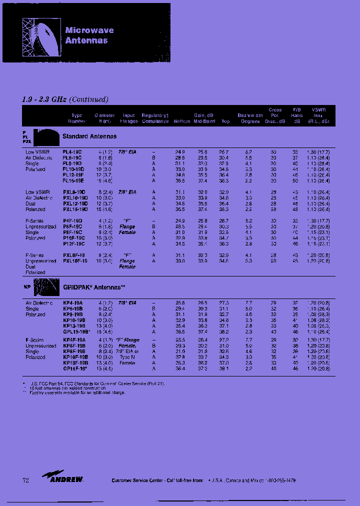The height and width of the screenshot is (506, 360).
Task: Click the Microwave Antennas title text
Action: [89, 35]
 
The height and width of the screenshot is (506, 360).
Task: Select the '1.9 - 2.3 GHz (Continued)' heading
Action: [65, 99]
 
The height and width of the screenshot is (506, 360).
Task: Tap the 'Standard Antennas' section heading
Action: [89, 136]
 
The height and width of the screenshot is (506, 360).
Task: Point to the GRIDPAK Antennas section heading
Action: [94, 287]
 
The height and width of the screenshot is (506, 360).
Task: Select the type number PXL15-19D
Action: [74, 209]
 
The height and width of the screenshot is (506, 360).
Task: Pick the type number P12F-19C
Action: [73, 244]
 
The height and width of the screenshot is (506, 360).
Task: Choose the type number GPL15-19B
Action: [75, 331]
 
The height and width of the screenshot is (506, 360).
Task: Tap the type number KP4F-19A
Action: [73, 340]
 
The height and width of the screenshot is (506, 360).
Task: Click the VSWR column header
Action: [318, 115]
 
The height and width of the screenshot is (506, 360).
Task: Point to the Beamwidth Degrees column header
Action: [250, 118]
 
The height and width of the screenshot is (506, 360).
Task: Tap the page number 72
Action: [26, 480]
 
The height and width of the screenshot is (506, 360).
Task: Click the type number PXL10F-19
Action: [75, 261]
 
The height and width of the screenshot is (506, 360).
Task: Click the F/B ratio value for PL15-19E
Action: [295, 180]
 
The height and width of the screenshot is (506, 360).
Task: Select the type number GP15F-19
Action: [74, 368]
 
